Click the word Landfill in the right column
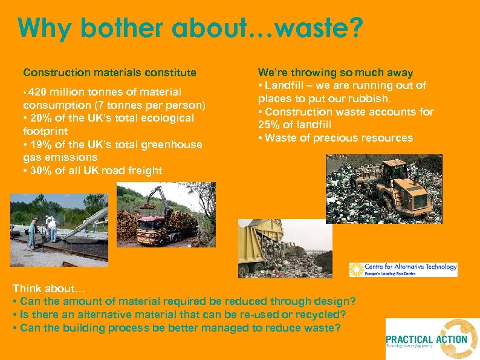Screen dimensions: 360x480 coord(286,85)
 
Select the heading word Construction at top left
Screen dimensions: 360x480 coord(52,73)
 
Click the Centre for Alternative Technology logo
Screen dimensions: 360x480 coord(403,269)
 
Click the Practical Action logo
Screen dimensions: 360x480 coord(432,339)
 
